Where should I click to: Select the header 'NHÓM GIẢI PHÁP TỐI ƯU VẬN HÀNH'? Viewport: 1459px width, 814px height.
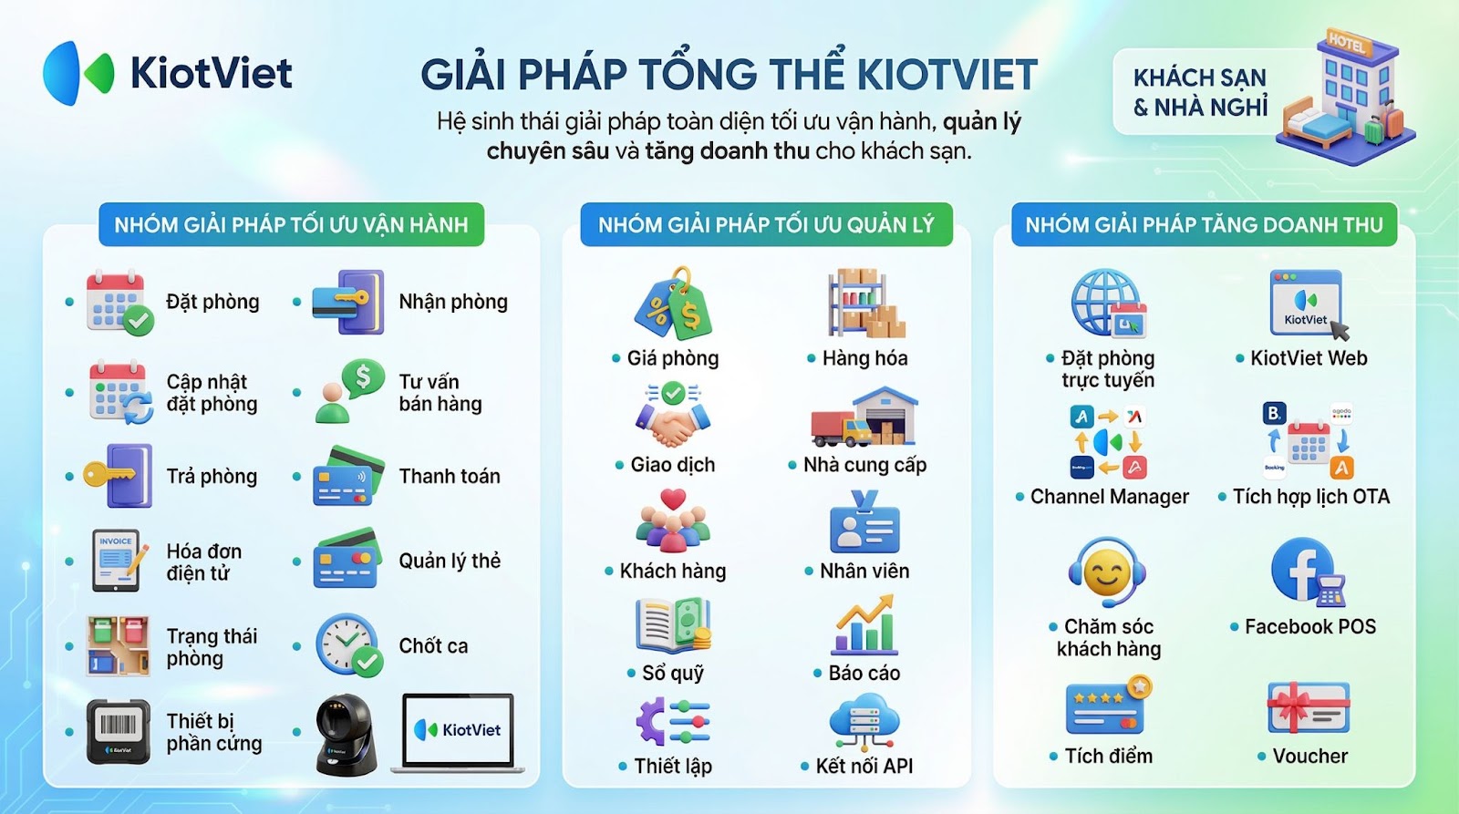(x=291, y=224)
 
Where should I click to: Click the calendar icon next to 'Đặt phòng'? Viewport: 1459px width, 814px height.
(x=119, y=302)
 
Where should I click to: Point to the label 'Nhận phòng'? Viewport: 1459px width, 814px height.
(x=453, y=302)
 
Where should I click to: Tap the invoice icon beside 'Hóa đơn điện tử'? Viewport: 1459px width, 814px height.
(x=119, y=561)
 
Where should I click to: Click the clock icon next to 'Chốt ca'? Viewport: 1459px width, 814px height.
(x=349, y=645)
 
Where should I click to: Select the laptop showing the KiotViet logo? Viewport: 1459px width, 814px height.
(x=458, y=733)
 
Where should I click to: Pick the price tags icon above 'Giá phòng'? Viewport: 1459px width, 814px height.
(x=673, y=304)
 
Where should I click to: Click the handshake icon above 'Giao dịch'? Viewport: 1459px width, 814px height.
(x=673, y=416)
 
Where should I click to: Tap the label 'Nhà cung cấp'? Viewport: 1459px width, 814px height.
(x=864, y=465)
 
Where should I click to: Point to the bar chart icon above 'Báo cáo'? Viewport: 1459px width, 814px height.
(x=864, y=625)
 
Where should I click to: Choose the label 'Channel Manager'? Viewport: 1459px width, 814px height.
(x=1109, y=497)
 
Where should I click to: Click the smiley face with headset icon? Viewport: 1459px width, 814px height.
(x=1107, y=572)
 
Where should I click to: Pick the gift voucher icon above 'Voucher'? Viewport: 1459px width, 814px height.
(x=1308, y=708)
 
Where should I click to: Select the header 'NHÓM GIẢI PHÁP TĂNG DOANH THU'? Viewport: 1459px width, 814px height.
(x=1204, y=224)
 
